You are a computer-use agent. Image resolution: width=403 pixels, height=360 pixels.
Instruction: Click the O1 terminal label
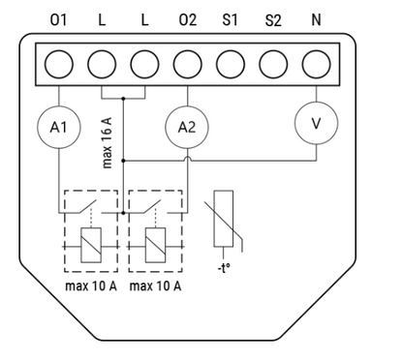click(58, 20)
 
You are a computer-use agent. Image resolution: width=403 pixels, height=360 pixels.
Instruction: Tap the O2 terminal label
click(188, 20)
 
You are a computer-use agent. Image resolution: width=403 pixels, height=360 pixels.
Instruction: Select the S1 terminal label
click(230, 20)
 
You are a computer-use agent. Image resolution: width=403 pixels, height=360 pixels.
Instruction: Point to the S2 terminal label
click(273, 20)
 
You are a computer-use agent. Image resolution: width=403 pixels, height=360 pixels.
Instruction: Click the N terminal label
click(316, 20)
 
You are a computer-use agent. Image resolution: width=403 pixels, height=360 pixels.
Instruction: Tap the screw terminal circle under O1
click(59, 64)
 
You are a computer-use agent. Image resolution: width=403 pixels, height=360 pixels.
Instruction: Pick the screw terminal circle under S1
click(231, 64)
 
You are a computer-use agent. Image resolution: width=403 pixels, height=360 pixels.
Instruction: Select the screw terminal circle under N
click(317, 64)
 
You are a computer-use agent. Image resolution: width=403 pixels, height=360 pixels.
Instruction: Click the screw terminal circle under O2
click(188, 64)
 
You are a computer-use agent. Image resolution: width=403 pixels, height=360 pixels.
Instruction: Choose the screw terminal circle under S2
click(273, 64)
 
